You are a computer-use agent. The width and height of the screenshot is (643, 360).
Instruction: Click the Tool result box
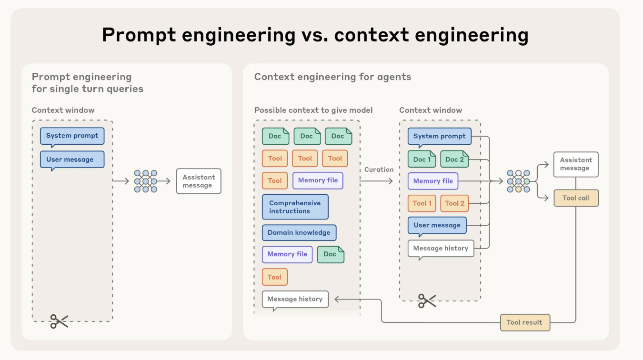(x=525, y=322)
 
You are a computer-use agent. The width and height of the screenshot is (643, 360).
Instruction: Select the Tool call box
(x=576, y=198)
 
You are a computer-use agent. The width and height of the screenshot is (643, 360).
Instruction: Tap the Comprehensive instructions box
(x=295, y=207)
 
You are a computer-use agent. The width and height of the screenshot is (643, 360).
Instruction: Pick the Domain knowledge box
(x=299, y=232)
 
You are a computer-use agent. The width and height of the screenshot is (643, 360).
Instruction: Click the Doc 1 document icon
(x=422, y=159)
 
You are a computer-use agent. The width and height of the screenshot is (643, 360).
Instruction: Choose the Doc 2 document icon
(x=454, y=159)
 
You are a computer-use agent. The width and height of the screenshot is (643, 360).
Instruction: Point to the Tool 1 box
(x=422, y=203)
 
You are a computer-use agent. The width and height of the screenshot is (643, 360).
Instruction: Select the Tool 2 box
(x=454, y=203)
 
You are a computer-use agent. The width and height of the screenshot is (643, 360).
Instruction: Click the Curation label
(x=379, y=170)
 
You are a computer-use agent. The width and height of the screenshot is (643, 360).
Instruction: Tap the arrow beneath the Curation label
(x=376, y=181)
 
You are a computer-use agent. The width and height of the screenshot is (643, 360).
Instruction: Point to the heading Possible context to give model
(x=313, y=110)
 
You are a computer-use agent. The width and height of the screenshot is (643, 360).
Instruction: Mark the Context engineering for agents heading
(x=333, y=77)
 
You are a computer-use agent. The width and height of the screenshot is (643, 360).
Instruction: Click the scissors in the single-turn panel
(x=59, y=321)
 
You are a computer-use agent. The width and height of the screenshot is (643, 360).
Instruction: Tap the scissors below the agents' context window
(x=427, y=301)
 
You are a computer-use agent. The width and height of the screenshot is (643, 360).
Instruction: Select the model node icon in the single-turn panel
(x=146, y=181)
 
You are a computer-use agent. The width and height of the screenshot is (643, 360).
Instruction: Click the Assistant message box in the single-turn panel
(x=199, y=181)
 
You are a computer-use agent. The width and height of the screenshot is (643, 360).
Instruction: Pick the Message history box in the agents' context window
(x=441, y=248)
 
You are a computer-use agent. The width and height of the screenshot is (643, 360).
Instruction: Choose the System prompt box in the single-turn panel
(x=72, y=136)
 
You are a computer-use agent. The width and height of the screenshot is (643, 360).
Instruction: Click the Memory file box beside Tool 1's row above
(x=433, y=181)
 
